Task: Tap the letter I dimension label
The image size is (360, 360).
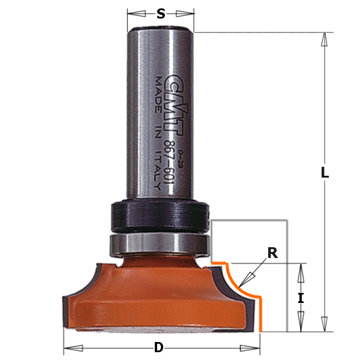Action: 301,298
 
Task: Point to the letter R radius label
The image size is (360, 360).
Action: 272,253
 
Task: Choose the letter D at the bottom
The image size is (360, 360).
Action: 158,347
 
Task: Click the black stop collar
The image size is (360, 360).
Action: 160,216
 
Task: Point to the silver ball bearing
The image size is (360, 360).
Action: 160,244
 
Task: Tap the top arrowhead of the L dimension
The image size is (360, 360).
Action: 325,39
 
